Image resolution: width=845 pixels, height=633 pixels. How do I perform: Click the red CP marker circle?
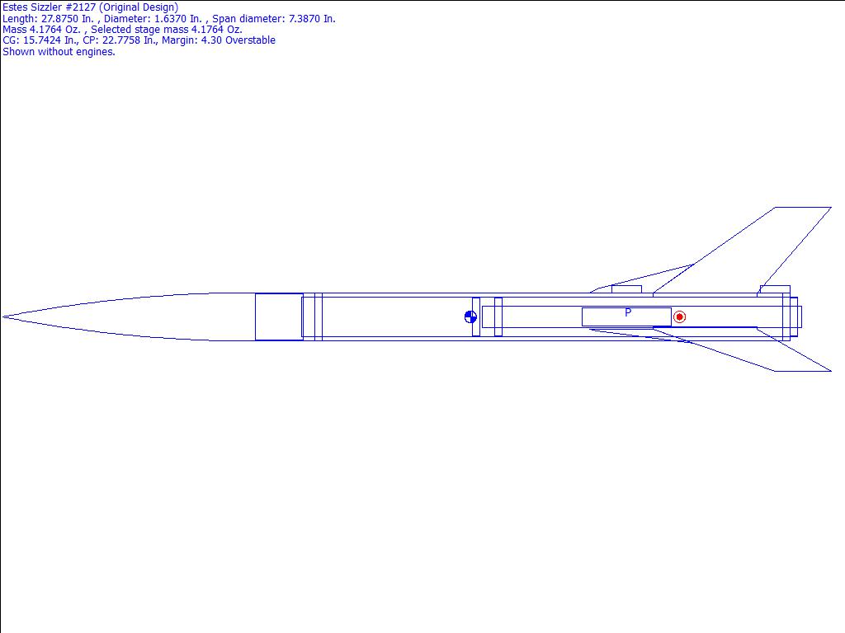(x=680, y=317)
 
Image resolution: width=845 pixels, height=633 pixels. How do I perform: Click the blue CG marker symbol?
(x=470, y=317)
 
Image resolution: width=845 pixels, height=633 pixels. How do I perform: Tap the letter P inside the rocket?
(x=628, y=312)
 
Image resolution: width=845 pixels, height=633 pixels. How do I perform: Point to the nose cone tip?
(x=2, y=317)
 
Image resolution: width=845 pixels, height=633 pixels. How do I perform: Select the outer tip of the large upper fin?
(x=831, y=207)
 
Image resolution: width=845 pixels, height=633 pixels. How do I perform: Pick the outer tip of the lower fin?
(x=831, y=371)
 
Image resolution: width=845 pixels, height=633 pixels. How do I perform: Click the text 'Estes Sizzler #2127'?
(x=50, y=7)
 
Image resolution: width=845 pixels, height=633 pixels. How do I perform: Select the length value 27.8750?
(x=59, y=19)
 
